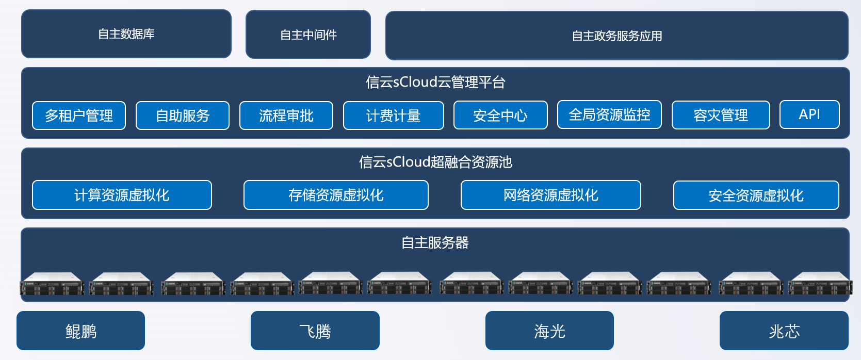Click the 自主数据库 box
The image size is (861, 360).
tap(126, 34)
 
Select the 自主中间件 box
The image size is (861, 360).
tap(308, 35)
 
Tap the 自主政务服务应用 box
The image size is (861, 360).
tap(616, 36)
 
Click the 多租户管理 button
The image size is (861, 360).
tap(79, 116)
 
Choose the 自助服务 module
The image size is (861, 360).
tap(183, 116)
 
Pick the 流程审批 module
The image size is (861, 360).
tap(286, 116)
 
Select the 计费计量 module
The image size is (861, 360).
tap(393, 116)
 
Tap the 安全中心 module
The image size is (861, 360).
tap(500, 115)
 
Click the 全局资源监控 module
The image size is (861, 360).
tap(609, 114)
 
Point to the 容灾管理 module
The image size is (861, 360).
tap(721, 115)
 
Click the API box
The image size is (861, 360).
tap(809, 114)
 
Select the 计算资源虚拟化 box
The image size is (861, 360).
tap(122, 195)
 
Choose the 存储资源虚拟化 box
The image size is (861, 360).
tap(336, 195)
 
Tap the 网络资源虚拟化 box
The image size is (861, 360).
tap(551, 195)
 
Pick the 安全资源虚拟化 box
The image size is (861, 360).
tap(756, 195)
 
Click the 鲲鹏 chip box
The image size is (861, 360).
tap(81, 331)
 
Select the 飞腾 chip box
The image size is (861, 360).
tap(315, 331)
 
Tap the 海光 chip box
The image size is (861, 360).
tap(549, 331)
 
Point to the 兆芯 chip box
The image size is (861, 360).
tap(784, 331)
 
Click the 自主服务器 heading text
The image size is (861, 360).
tap(435, 242)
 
